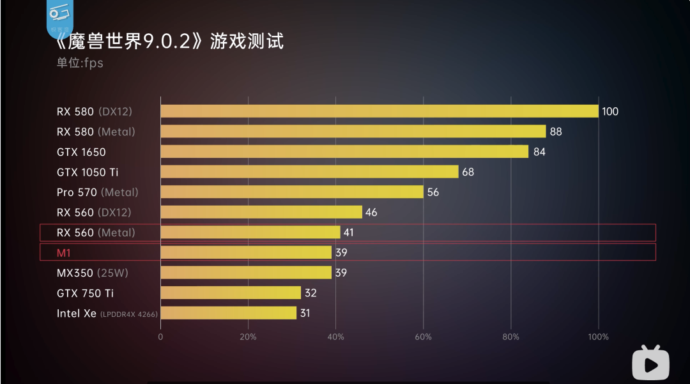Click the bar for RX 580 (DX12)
[x=379, y=111]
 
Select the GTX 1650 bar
[x=344, y=151]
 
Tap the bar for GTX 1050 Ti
[x=309, y=172]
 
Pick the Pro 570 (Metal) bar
[x=292, y=192]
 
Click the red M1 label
[x=64, y=252]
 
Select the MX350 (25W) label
[x=93, y=273]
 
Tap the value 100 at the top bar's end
[x=610, y=112]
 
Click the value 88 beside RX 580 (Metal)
[x=556, y=132]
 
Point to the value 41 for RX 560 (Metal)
[x=348, y=233]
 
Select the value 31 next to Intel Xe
[x=305, y=313]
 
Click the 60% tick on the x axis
[x=423, y=337]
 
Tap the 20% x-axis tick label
[x=248, y=337]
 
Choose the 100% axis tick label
[x=599, y=337]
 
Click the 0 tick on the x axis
[x=160, y=337]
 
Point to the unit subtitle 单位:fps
[x=80, y=63]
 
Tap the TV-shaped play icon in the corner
[x=650, y=362]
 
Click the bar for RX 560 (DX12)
[x=261, y=212]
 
